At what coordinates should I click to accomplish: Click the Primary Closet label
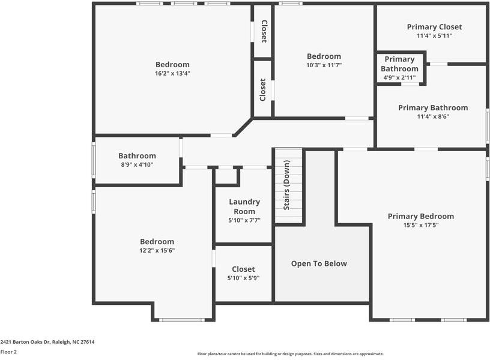[x=434, y=27]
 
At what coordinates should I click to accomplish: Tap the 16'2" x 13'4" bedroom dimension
[x=172, y=73]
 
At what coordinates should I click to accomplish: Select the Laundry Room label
[x=244, y=206]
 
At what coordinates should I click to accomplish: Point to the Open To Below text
[x=319, y=263]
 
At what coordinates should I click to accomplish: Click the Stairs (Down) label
[x=286, y=185]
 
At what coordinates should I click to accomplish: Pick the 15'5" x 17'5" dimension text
[x=421, y=225]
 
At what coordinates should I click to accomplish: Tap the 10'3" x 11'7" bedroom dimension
[x=324, y=65]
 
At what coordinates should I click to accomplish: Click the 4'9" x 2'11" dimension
[x=400, y=77]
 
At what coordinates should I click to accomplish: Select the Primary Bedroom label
[x=421, y=216]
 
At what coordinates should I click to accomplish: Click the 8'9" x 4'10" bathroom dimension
[x=137, y=164]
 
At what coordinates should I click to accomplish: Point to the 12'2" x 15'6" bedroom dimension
[x=157, y=250]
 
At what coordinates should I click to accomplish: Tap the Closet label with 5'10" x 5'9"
[x=243, y=269]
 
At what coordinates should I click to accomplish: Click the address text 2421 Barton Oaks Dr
[x=25, y=342]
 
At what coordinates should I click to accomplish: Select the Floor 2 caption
[x=8, y=352]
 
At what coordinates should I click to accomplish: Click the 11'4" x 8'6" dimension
[x=433, y=116]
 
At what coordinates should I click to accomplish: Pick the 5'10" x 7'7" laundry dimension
[x=244, y=220]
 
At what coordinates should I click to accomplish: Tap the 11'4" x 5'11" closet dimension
[x=434, y=35]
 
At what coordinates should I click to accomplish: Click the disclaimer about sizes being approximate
[x=291, y=354]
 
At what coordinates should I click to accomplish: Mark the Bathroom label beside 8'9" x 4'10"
[x=137, y=156]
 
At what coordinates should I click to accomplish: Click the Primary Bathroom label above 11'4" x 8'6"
[x=433, y=108]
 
